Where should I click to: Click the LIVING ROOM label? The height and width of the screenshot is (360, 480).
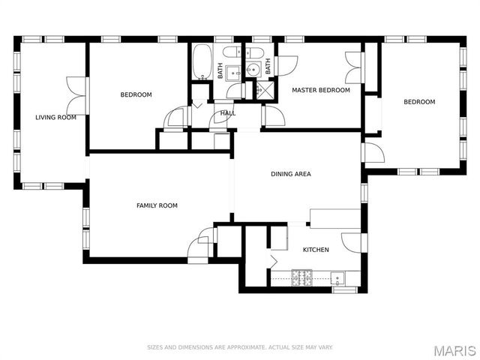(x=55, y=117)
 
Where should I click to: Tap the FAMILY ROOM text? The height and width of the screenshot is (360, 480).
(x=157, y=205)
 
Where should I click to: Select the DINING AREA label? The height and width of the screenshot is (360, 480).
(x=290, y=174)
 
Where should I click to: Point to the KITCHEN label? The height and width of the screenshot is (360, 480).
(x=315, y=249)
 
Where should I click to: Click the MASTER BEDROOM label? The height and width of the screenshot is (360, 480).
(x=320, y=90)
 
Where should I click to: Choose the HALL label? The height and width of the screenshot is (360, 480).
(x=227, y=113)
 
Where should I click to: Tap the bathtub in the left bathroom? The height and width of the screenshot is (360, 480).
(x=202, y=63)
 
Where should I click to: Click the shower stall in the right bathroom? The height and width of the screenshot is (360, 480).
(x=265, y=90)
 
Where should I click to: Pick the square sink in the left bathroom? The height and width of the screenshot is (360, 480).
(x=232, y=72)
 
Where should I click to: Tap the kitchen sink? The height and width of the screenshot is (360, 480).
(x=338, y=279)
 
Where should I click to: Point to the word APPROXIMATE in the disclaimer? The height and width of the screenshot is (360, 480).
(x=233, y=347)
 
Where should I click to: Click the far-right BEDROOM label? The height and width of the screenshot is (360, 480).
(x=419, y=102)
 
